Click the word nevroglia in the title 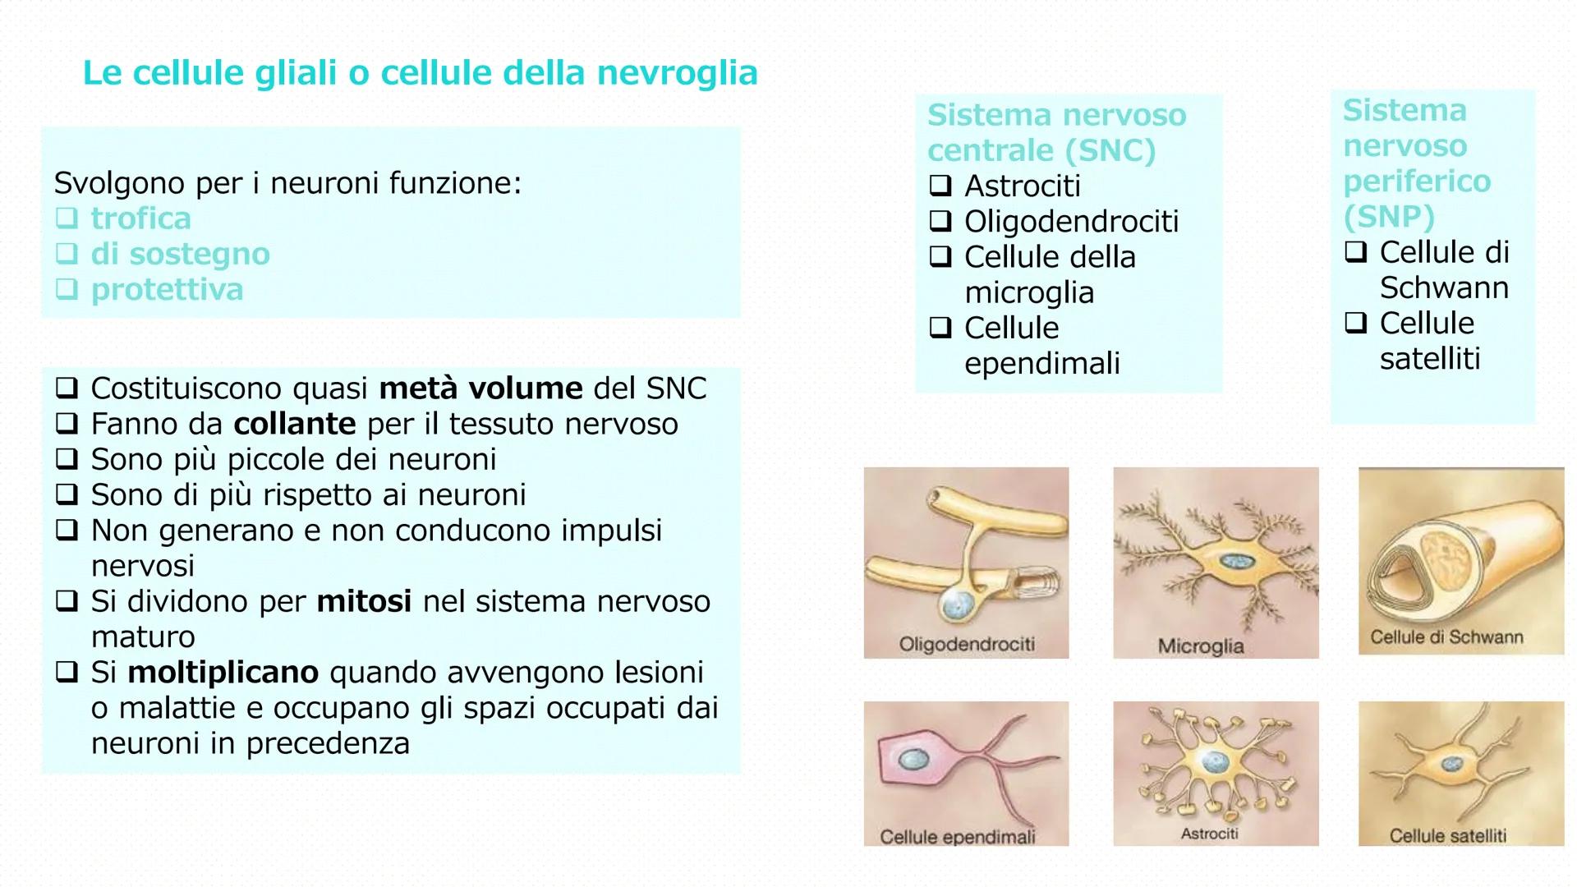click(677, 73)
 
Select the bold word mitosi click(364, 602)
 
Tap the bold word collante click(295, 425)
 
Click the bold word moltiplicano click(223, 673)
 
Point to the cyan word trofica click(140, 218)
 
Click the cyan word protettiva click(167, 290)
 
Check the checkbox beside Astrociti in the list click(940, 186)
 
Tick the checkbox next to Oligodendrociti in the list click(940, 221)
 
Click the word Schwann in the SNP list click(1444, 288)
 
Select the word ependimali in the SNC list click(1041, 363)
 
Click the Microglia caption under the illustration click(1200, 646)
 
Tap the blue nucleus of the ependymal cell click(909, 760)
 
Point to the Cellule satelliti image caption click(1447, 836)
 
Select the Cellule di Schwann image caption click(1446, 637)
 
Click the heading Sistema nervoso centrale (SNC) click(1056, 132)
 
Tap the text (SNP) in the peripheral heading click(1388, 217)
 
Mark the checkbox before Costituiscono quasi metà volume click(67, 388)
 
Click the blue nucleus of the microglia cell click(1233, 561)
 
